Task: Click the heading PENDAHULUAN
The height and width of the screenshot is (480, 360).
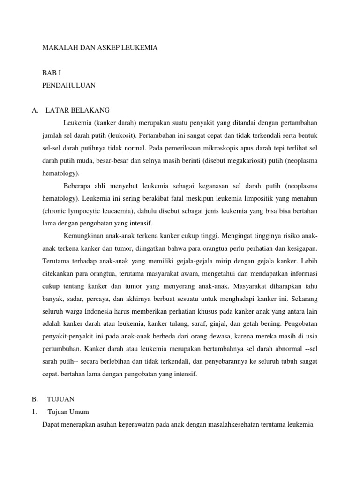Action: [x=69, y=85]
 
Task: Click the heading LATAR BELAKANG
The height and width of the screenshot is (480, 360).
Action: [x=78, y=110]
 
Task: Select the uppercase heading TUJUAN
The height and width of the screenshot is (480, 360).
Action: [x=60, y=399]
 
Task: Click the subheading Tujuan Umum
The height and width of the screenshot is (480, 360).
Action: [x=68, y=412]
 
